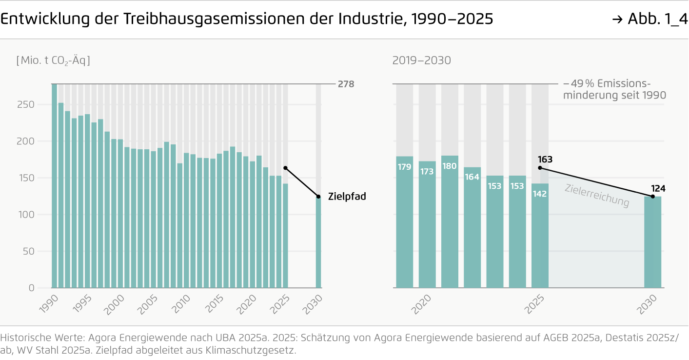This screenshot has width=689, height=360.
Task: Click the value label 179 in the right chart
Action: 404,167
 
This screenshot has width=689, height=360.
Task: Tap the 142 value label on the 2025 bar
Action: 540,194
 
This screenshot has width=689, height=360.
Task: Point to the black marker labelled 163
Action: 540,168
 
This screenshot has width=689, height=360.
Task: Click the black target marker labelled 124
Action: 652,197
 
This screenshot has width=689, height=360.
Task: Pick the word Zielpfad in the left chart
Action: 347,197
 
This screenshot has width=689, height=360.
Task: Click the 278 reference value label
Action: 346,84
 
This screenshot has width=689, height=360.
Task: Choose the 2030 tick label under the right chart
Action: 649,303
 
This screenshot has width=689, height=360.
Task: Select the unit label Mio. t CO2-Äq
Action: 53,60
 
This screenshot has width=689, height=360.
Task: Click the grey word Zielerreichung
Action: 597,196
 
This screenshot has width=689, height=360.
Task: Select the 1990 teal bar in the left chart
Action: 54,186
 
